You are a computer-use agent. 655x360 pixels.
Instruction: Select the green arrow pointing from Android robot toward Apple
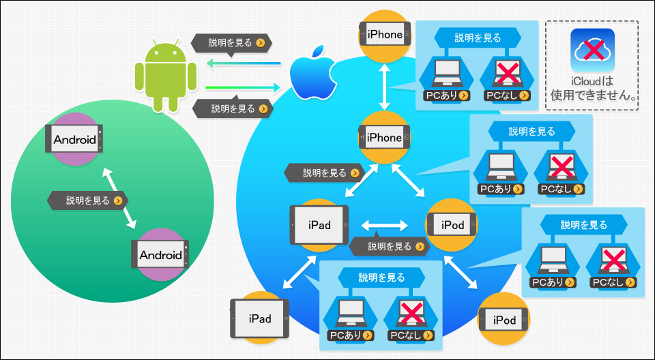pyautogui.click(x=243, y=87)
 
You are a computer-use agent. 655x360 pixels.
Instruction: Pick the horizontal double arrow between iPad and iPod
pyautogui.click(x=385, y=224)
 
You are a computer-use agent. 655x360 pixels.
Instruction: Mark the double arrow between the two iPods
pyautogui.click(x=463, y=273)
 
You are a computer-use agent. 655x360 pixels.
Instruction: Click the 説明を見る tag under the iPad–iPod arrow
pyautogui.click(x=384, y=246)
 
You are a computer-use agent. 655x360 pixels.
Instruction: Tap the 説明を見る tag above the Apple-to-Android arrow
pyautogui.click(x=230, y=44)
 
